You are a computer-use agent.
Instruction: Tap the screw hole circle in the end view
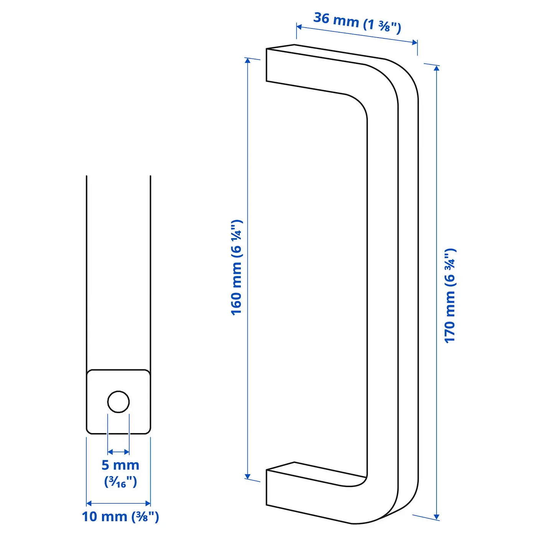pyautogui.click(x=119, y=402)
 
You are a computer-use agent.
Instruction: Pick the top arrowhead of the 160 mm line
pyautogui.click(x=247, y=61)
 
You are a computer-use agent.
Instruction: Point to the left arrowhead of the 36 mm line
pyautogui.click(x=299, y=27)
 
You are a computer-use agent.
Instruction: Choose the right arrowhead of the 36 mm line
pyautogui.click(x=414, y=42)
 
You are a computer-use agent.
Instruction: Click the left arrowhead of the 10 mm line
pyautogui.click(x=89, y=503)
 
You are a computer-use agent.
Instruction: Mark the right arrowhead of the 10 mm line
pyautogui.click(x=148, y=503)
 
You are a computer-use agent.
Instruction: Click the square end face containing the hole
pyautogui.click(x=119, y=402)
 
